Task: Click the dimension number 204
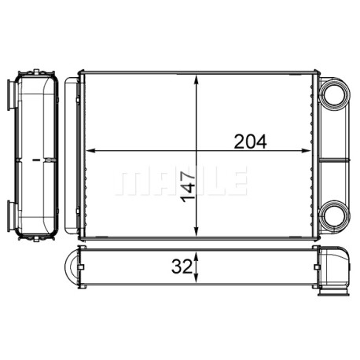[250, 141]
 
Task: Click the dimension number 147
[189, 187]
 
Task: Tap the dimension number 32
[182, 267]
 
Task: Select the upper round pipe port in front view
[335, 95]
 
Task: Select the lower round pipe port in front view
[335, 215]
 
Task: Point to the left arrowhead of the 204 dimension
[90, 151]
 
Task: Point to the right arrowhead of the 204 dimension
[306, 151]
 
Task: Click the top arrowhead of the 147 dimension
[197, 79]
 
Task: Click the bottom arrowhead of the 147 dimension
[197, 231]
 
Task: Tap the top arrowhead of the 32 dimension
[197, 257]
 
